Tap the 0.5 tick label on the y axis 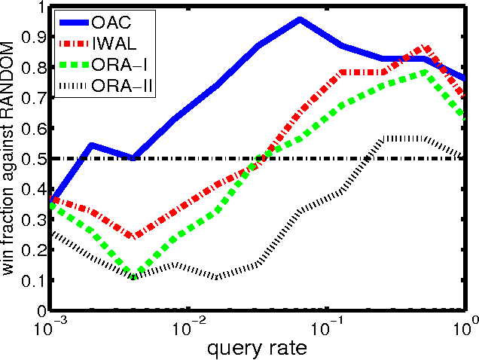pyautogui.click(x=34, y=159)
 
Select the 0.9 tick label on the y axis pyautogui.click(x=34, y=38)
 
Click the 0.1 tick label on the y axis pyautogui.click(x=34, y=280)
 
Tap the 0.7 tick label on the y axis pyautogui.click(x=34, y=98)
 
